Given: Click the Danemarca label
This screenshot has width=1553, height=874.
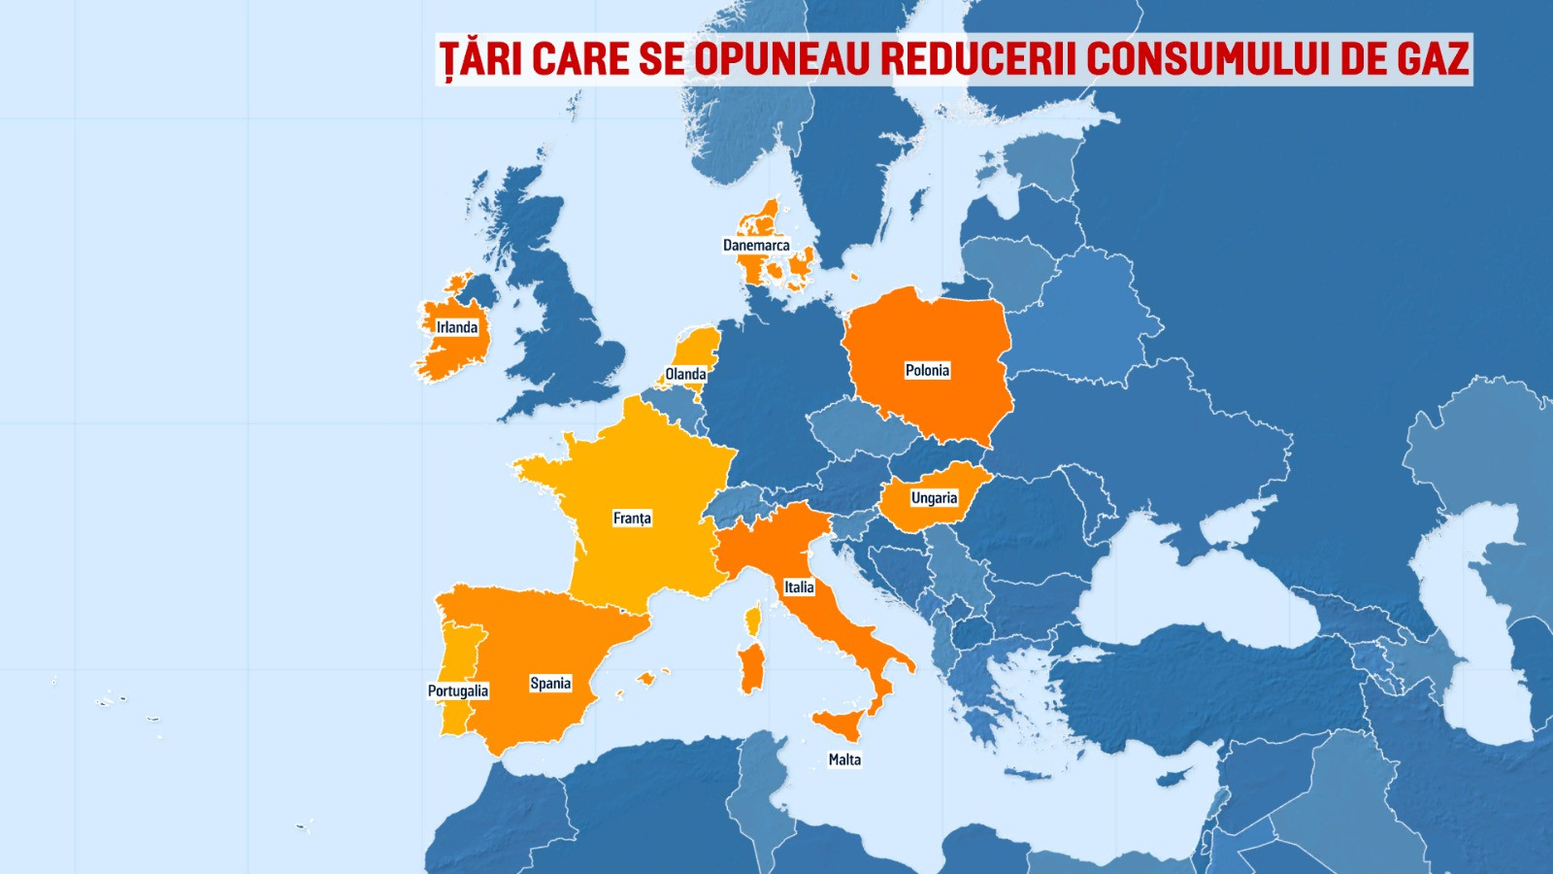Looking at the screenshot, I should (756, 245).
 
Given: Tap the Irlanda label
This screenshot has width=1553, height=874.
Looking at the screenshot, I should (456, 327).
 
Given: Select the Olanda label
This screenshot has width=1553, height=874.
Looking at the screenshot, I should (685, 374).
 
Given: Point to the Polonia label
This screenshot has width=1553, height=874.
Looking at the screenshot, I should (927, 370).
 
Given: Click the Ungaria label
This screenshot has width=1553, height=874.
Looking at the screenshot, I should (934, 498).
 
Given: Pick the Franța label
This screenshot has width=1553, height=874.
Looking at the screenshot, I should (632, 519).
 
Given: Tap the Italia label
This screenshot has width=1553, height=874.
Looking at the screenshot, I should (799, 588).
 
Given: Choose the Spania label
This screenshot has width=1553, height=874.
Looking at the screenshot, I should (550, 684).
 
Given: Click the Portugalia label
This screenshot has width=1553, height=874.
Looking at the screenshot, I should (458, 691).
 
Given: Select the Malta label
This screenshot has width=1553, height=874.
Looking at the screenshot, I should (844, 759).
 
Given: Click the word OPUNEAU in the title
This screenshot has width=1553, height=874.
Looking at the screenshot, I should (782, 59).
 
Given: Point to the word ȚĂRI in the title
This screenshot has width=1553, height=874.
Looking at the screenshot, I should (480, 59).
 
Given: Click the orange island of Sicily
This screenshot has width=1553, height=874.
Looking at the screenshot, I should (841, 723).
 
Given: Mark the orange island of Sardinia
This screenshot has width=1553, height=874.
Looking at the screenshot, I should (752, 670).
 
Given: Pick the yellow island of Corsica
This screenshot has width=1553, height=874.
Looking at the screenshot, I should (753, 619).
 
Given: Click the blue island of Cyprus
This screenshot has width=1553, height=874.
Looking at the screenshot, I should (1175, 777).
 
